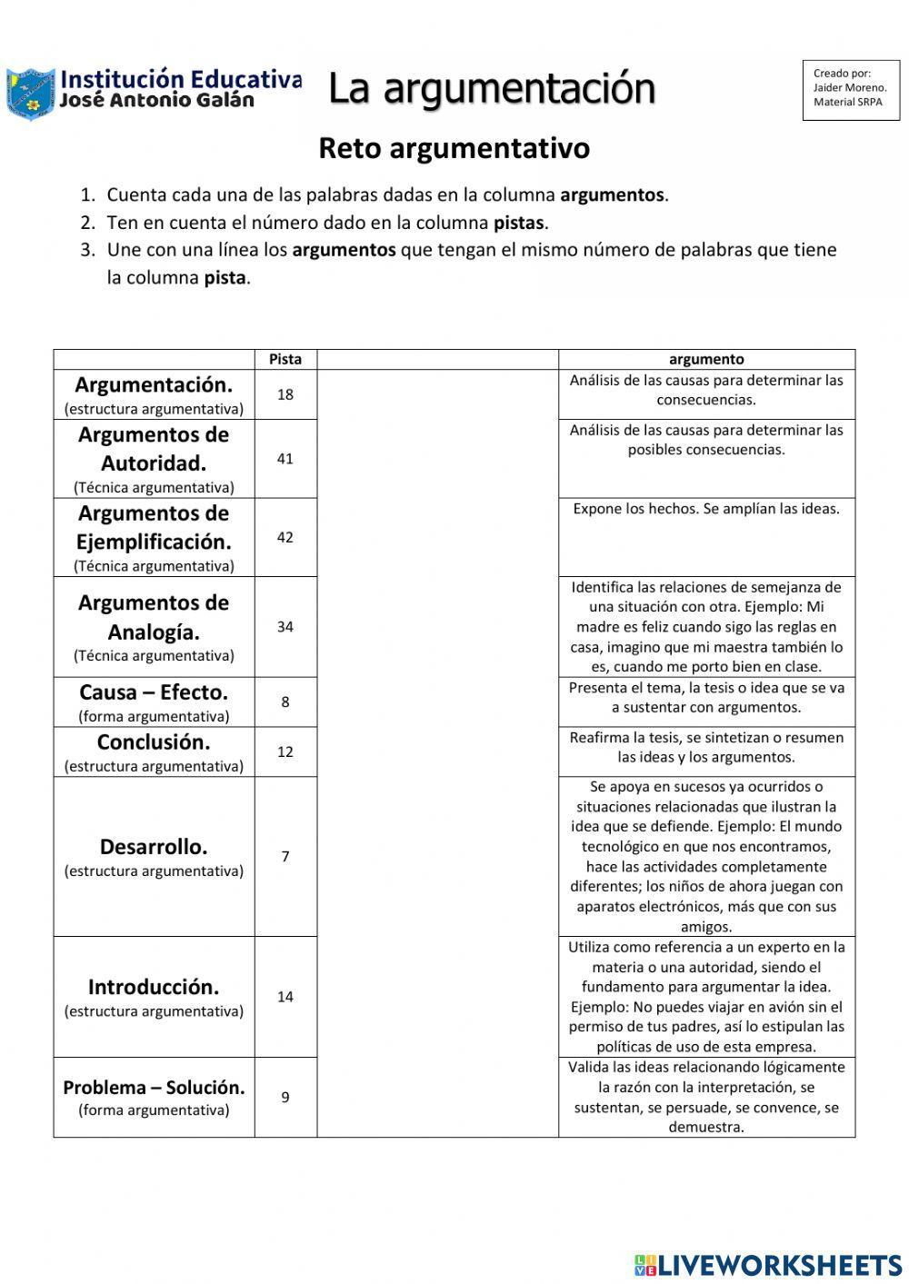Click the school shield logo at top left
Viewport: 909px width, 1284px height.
(30, 93)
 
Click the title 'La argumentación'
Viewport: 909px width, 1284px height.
(491, 89)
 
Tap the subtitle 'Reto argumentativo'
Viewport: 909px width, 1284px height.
(454, 148)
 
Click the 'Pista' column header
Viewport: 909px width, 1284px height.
(285, 359)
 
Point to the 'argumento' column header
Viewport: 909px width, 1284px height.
(706, 359)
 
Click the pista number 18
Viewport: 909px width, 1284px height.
(285, 394)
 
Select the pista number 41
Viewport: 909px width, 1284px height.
(285, 459)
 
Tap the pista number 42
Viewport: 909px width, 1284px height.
(285, 537)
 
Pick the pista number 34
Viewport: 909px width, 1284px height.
(285, 627)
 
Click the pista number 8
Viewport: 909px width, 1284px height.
(285, 702)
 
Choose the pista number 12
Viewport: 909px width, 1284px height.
(285, 751)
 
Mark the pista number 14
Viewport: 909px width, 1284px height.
(285, 997)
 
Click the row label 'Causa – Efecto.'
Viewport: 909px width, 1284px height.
(154, 692)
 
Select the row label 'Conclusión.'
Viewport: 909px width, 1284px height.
(154, 742)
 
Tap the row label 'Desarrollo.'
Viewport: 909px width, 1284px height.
(154, 847)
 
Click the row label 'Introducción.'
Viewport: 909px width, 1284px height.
(154, 987)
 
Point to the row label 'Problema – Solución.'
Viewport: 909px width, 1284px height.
(154, 1088)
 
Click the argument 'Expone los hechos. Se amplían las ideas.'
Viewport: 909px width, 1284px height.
(706, 509)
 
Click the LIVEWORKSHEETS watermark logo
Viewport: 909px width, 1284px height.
(768, 1264)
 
